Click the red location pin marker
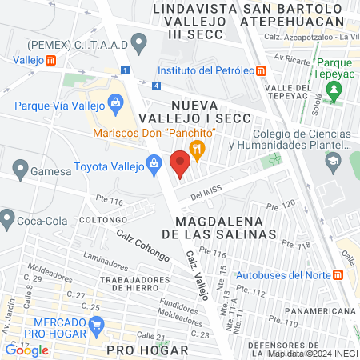click(180, 165)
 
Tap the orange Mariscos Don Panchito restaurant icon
click(197, 148)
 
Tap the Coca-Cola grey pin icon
click(9, 217)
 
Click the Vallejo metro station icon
click(51, 59)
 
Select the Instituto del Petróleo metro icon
click(261, 70)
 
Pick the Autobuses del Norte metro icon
click(338, 274)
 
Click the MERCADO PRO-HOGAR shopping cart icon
click(98, 325)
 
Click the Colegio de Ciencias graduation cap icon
click(330, 160)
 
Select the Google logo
click(27, 350)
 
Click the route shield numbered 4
click(156, 85)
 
